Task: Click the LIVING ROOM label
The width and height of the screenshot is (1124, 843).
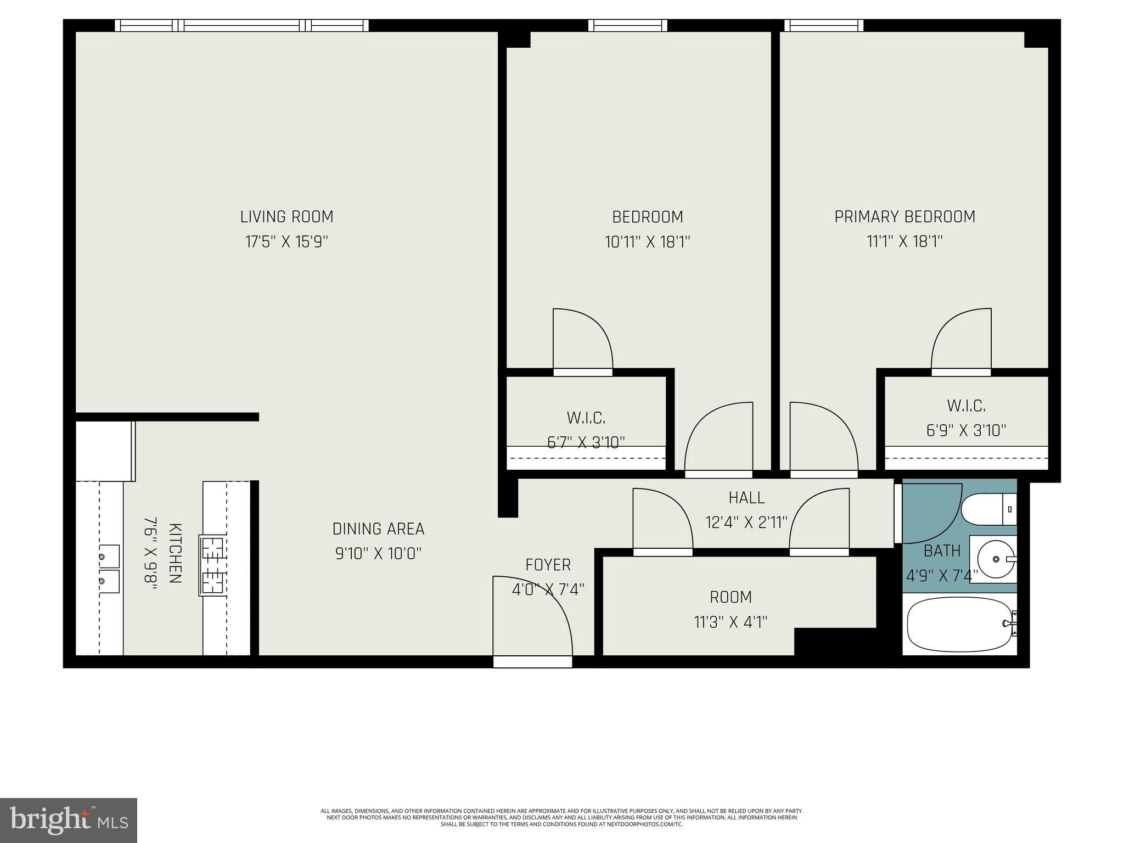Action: [286, 217]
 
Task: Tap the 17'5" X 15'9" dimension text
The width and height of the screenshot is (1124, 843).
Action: [286, 242]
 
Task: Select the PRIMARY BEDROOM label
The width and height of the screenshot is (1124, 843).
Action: [904, 217]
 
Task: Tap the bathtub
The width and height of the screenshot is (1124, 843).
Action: [959, 624]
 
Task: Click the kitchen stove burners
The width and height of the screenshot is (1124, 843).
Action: [213, 565]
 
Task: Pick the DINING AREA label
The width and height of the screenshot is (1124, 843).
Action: [378, 529]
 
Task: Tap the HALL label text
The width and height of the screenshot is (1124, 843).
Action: [746, 498]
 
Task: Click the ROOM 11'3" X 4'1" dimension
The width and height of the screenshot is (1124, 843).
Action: [730, 622]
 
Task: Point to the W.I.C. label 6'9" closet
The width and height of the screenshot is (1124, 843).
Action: [966, 406]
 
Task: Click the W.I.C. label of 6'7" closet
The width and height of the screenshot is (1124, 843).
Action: [586, 418]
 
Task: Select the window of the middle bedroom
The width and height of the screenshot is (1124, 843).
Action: [628, 25]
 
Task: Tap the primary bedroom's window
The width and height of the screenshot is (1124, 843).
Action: [823, 25]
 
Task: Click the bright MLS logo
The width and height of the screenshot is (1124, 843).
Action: [69, 820]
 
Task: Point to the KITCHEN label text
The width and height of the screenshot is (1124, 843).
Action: [175, 553]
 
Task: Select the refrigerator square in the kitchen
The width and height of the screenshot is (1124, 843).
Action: [104, 451]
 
